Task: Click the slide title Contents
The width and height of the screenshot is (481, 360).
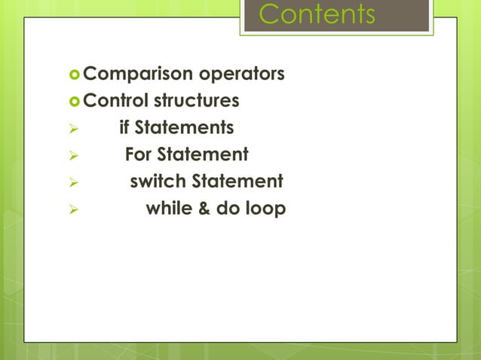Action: [x=316, y=14]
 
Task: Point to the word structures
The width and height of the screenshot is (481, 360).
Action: [x=197, y=101]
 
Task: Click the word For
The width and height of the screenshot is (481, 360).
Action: [x=139, y=155]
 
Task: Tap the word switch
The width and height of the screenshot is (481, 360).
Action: [x=158, y=182]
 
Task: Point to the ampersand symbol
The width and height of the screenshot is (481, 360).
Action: [x=204, y=209]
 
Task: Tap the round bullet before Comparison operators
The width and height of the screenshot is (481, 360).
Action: [x=74, y=75]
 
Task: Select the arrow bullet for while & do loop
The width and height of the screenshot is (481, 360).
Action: [x=73, y=209]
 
